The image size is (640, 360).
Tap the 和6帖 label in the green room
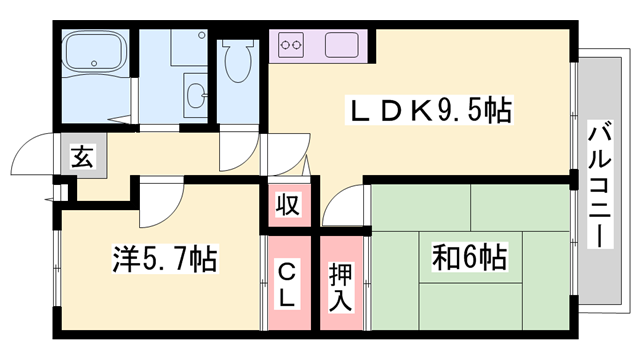[x=467, y=259]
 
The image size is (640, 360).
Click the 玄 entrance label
[x=80, y=158]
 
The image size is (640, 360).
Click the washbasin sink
[x=196, y=95]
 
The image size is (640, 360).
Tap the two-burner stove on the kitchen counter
[x=294, y=45]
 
